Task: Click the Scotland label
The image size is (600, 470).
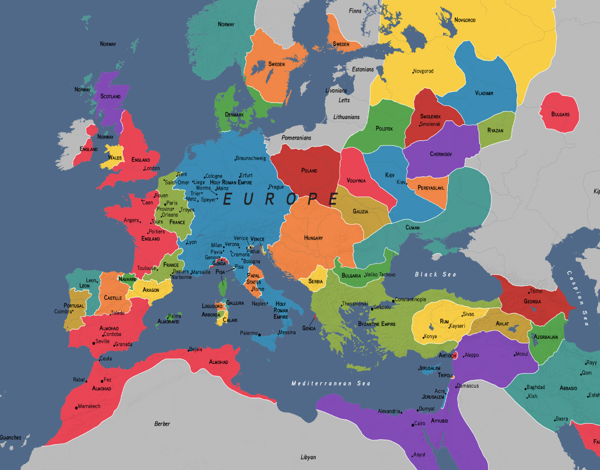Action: coord(110,96)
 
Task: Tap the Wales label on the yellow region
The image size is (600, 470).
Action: coord(115,158)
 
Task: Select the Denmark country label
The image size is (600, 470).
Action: coord(234,115)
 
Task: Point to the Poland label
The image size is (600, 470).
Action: coord(309,171)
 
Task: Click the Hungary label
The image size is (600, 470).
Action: coord(313,238)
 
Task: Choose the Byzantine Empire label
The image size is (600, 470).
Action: coord(377,324)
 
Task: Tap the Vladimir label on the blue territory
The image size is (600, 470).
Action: coord(484,93)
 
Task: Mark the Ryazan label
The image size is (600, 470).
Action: coord(495,131)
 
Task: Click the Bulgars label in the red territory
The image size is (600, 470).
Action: coord(560,115)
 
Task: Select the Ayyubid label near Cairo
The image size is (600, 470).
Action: coord(439,421)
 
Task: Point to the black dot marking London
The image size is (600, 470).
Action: coord(144,170)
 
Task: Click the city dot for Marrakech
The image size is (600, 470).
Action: coord(77,408)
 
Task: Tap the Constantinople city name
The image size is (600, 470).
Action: coord(411,299)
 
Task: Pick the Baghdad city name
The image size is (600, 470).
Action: coord(536,387)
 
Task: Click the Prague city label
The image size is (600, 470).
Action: coord(276,187)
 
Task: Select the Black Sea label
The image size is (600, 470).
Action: coord(435,274)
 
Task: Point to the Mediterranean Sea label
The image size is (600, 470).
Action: coord(331,383)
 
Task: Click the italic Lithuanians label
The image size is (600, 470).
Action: coord(346,117)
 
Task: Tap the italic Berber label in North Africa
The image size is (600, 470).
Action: coord(162,424)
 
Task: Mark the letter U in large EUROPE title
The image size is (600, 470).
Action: coord(249,199)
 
